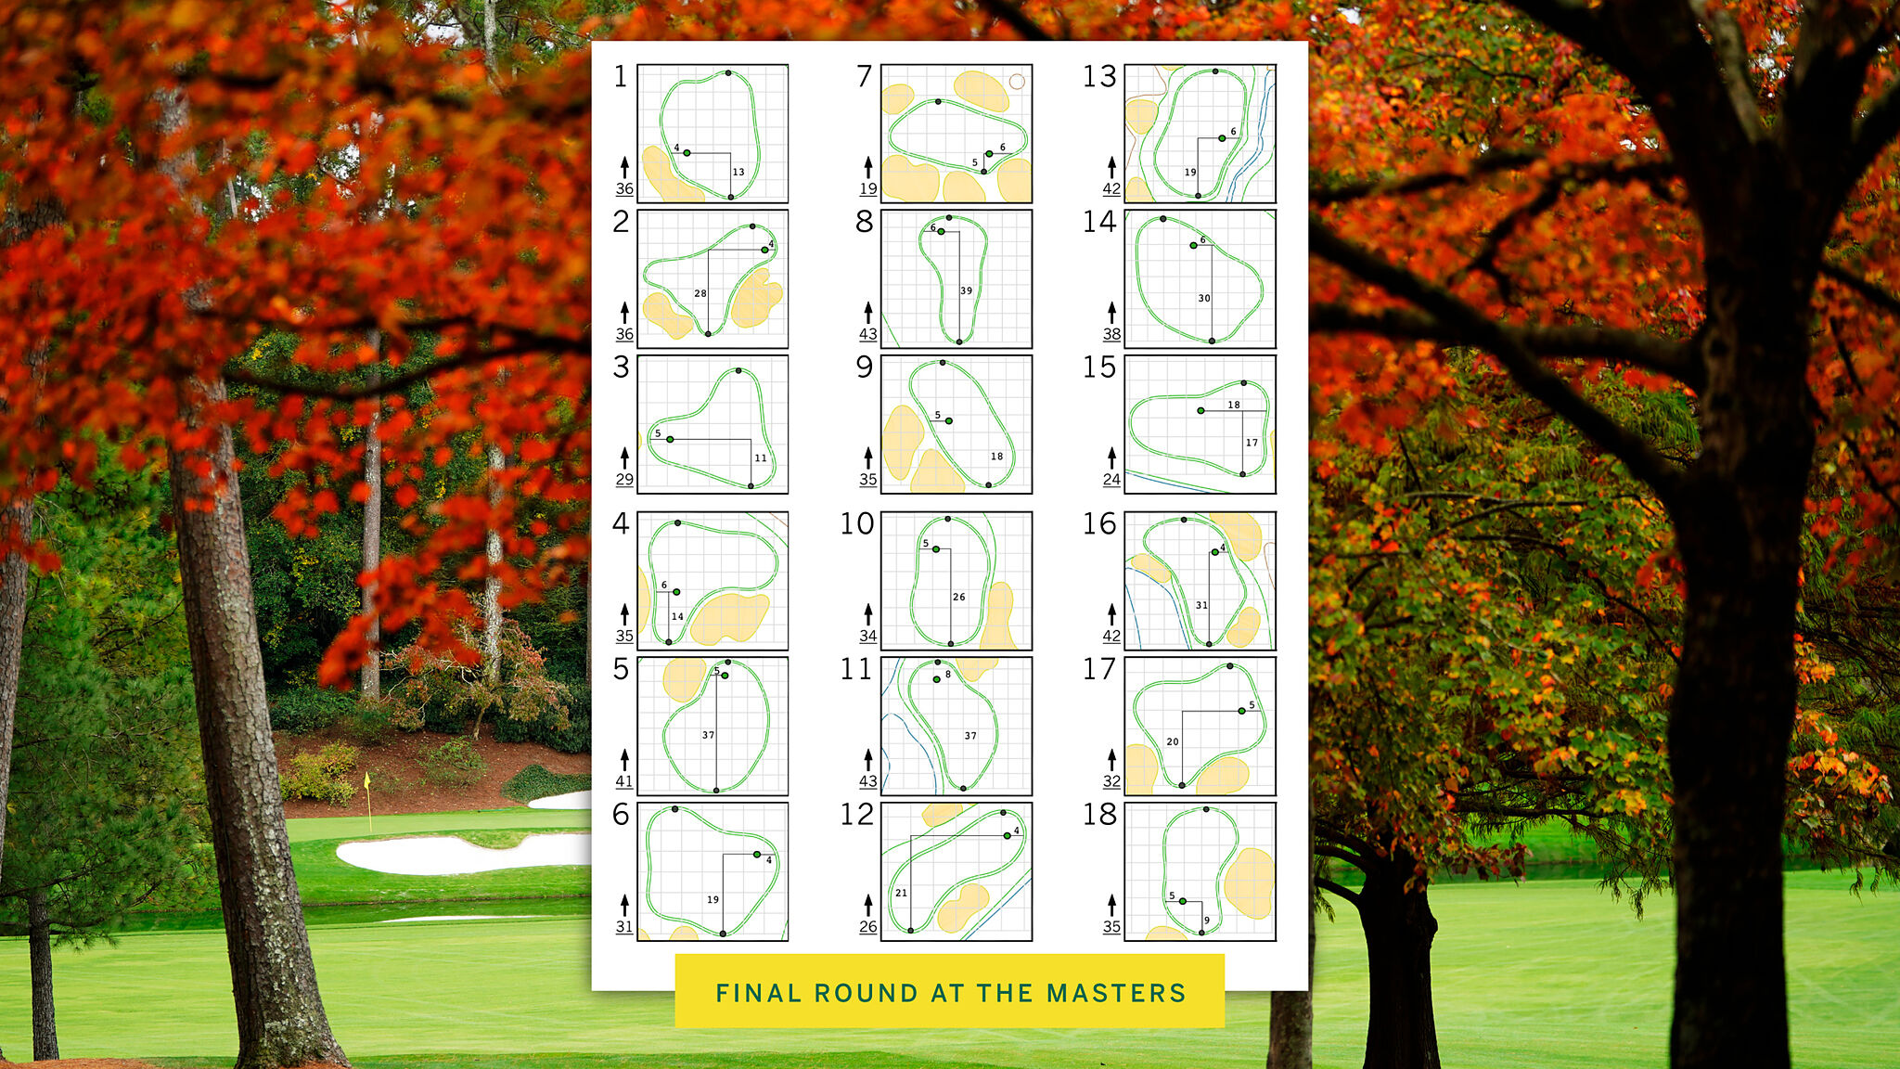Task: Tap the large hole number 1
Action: point(621,76)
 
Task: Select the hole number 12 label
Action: point(857,814)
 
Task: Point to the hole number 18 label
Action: point(1101,814)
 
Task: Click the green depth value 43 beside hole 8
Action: point(867,334)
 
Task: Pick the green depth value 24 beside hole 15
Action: point(1111,479)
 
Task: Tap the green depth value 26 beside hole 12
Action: point(867,926)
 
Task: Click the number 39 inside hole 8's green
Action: point(967,290)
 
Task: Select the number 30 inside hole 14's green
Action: point(1204,298)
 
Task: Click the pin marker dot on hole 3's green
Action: point(670,439)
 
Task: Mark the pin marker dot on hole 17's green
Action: point(1241,711)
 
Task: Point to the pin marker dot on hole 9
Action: point(948,421)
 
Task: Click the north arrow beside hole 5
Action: point(624,759)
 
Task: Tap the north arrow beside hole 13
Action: point(1111,167)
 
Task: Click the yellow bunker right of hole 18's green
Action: point(1249,882)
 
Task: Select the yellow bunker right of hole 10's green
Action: point(999,616)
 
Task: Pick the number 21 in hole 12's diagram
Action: point(901,893)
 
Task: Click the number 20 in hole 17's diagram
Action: point(1173,741)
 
